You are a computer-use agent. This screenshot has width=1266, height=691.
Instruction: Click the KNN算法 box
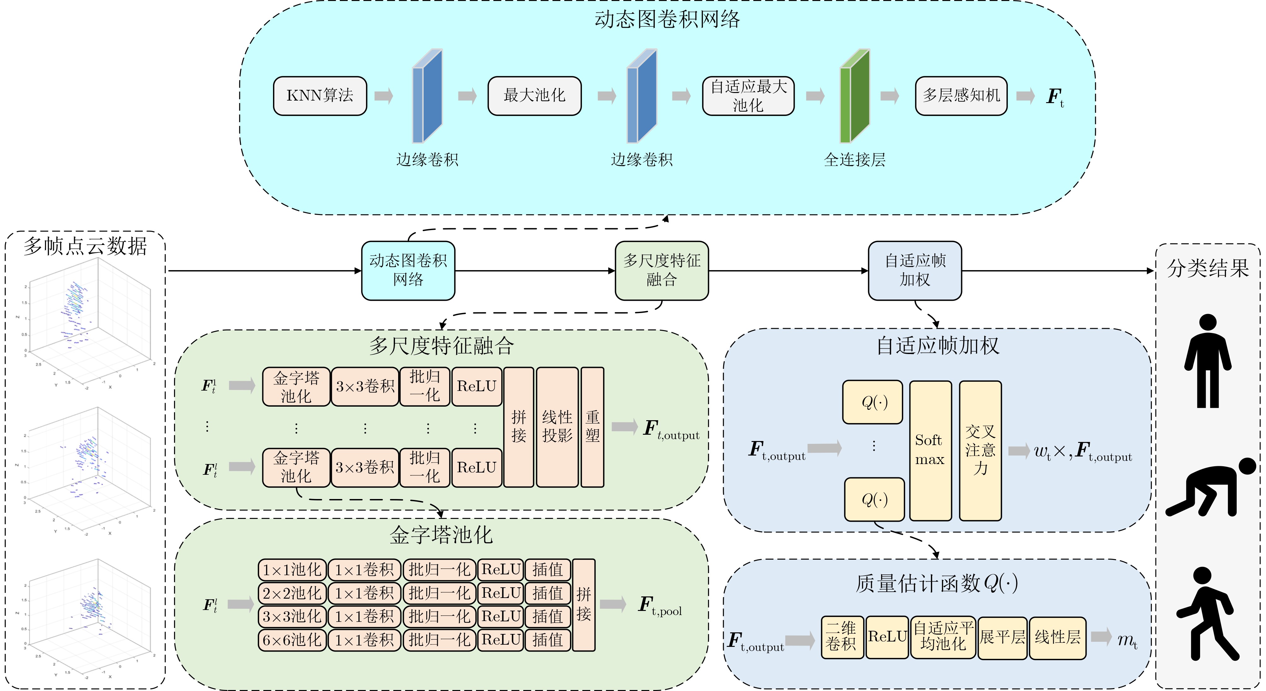[320, 96]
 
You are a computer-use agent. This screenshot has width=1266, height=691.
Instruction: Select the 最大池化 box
[534, 96]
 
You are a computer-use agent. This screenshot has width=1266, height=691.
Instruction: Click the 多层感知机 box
[961, 96]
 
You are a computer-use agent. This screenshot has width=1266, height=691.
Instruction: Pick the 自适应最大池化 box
[748, 96]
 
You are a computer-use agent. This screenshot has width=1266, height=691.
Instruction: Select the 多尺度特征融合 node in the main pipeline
[661, 270]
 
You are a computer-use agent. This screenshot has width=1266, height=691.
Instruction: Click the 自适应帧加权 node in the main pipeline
[915, 270]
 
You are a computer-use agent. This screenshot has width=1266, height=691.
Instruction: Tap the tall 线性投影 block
[557, 427]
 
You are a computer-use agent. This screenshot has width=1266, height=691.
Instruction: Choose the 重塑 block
[592, 427]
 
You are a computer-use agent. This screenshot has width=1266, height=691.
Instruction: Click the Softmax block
[930, 450]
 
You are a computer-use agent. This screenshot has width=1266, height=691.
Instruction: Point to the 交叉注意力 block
[980, 450]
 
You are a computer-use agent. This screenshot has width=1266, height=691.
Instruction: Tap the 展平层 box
[1002, 637]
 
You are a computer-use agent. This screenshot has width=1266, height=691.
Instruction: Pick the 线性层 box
[1057, 637]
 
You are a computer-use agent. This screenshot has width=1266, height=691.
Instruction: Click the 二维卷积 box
[841, 637]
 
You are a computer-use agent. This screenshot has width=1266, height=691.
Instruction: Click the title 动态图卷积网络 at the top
[667, 20]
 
